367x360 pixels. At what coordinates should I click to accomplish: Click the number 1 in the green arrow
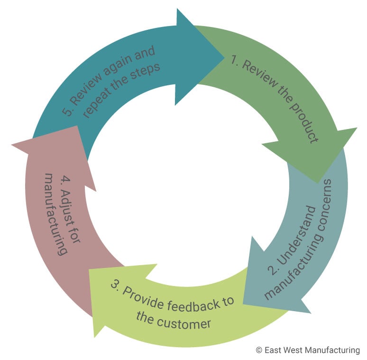(233, 59)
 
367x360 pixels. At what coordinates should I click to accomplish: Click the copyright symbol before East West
(258, 350)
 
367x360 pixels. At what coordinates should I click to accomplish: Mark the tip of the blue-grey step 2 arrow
(243, 303)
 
